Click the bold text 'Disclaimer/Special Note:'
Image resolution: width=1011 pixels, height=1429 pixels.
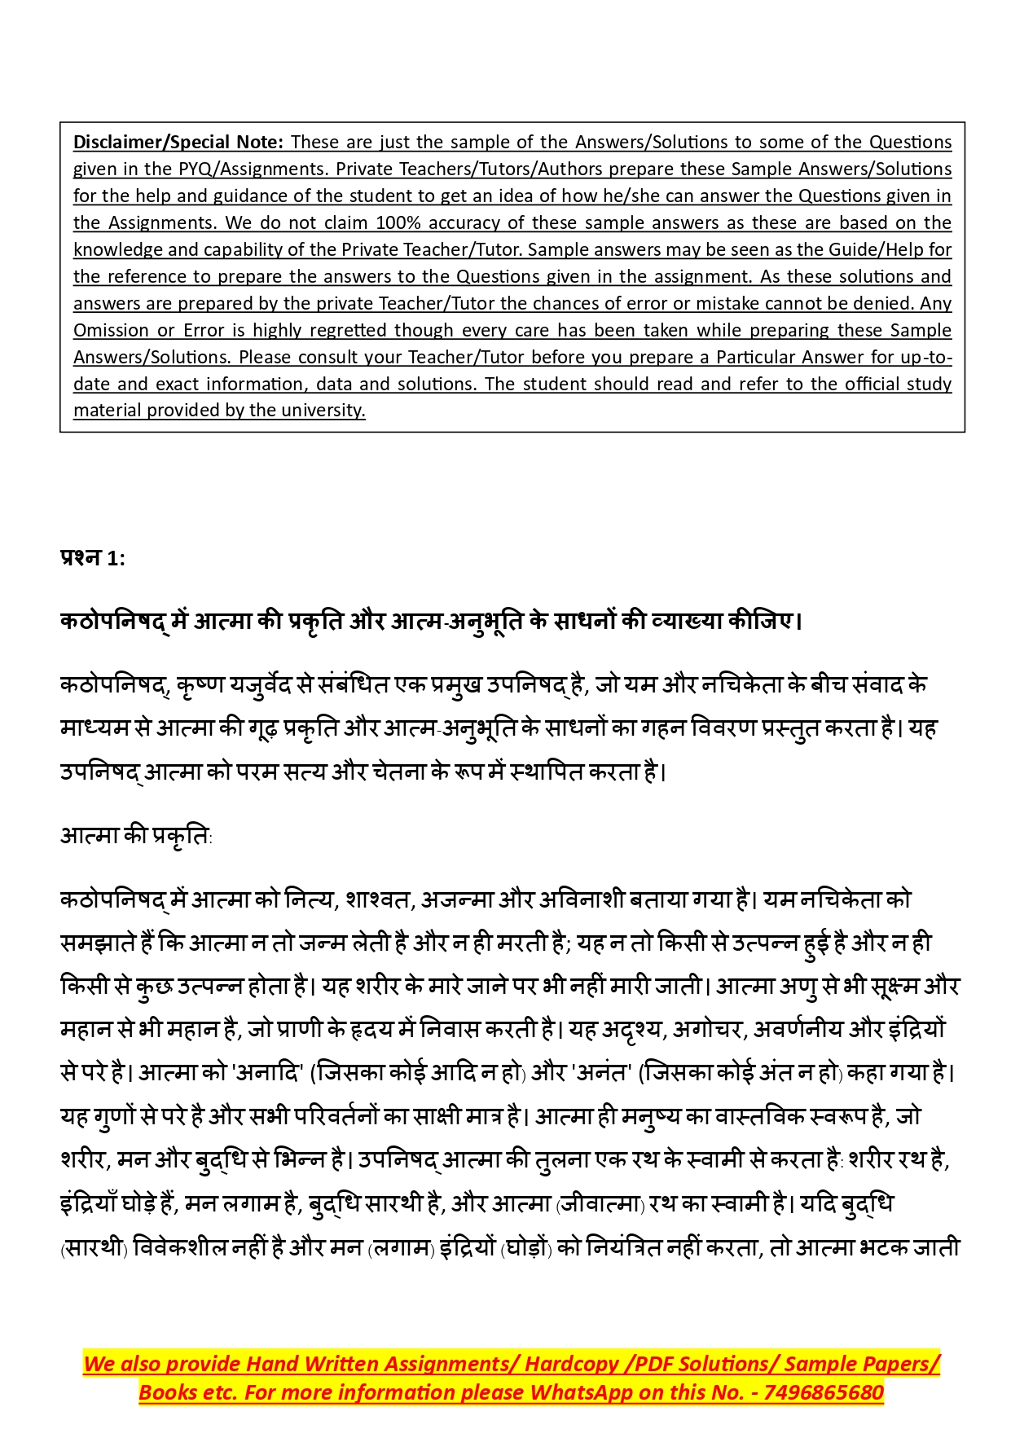tap(178, 142)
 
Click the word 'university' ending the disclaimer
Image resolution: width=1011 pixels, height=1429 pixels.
tap(323, 410)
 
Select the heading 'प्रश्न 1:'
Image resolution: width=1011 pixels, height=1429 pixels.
tap(93, 558)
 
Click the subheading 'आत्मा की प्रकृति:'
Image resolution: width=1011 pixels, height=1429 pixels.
tap(136, 836)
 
